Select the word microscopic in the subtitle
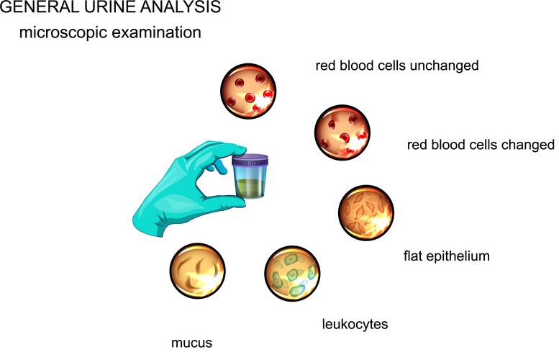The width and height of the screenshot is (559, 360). (62, 33)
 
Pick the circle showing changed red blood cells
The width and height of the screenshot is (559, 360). (343, 132)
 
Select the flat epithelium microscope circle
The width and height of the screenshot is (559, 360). (367, 214)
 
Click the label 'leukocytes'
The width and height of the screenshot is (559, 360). (355, 324)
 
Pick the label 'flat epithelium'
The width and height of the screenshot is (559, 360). (446, 254)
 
